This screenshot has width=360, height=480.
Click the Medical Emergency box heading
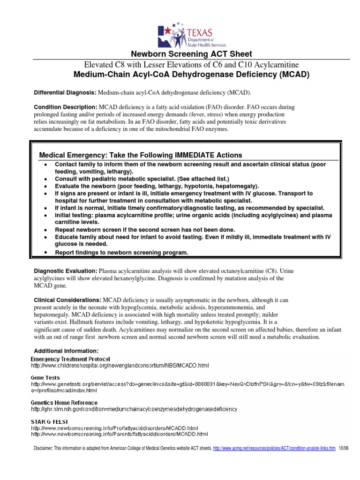point(141,155)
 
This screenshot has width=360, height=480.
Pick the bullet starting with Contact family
point(190,168)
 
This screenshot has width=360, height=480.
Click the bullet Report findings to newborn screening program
point(121,253)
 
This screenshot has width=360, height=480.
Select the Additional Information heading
point(66,351)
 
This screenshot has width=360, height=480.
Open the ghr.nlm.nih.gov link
point(134,409)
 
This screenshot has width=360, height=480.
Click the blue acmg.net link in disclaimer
point(274,448)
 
